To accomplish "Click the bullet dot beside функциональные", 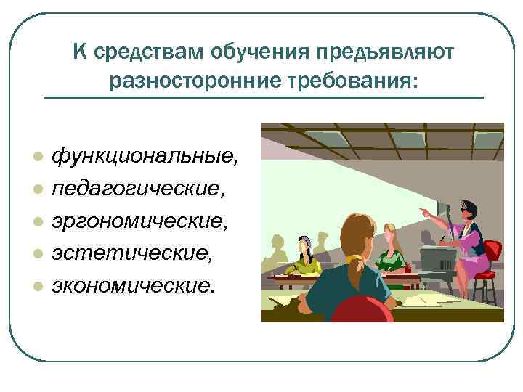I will [36, 158].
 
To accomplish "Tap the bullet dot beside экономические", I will [36, 285].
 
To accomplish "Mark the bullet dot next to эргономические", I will [36, 221].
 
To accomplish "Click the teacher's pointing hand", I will [423, 211].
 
